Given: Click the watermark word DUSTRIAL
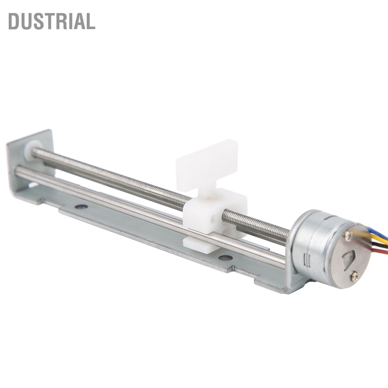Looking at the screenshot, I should [52, 21].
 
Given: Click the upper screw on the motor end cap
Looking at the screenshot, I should [348, 235].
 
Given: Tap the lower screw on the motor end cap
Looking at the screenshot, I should [354, 276].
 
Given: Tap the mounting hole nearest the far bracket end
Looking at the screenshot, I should [81, 207].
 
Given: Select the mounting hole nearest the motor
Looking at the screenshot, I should [225, 258].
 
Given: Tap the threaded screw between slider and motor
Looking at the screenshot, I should [258, 225].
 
